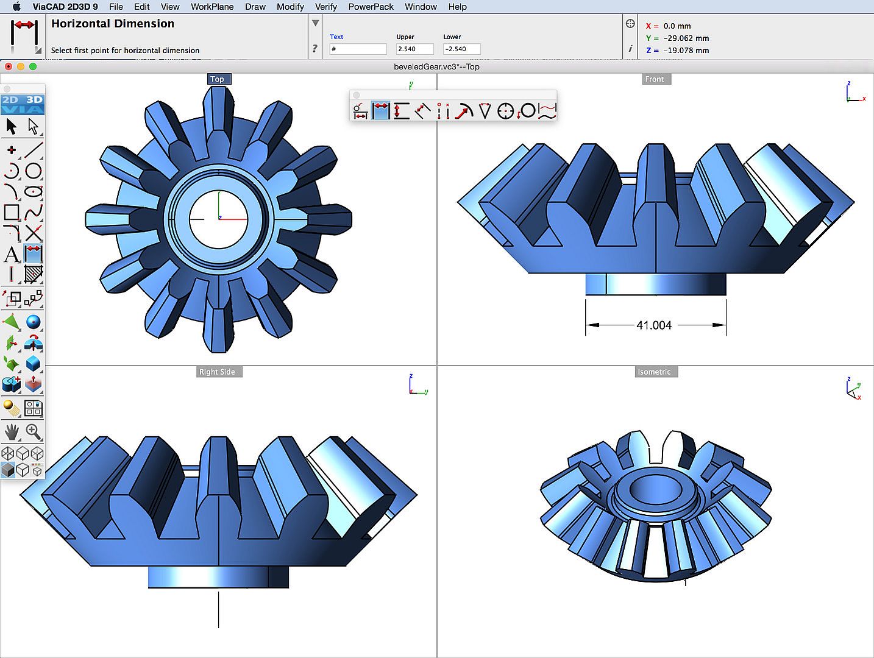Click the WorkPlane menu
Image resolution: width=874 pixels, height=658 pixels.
[212, 7]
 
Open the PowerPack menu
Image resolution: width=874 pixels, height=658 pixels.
[371, 7]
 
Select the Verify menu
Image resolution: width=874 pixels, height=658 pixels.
[325, 7]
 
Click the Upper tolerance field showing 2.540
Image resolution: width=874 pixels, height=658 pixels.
[414, 49]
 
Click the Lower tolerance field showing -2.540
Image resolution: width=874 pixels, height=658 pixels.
[461, 49]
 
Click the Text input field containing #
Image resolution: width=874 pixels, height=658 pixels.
[358, 49]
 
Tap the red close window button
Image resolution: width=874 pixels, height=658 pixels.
[9, 66]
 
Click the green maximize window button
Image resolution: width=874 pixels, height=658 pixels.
[33, 66]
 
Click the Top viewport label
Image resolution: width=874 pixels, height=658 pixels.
[217, 79]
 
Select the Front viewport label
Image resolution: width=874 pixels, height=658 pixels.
[655, 79]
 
